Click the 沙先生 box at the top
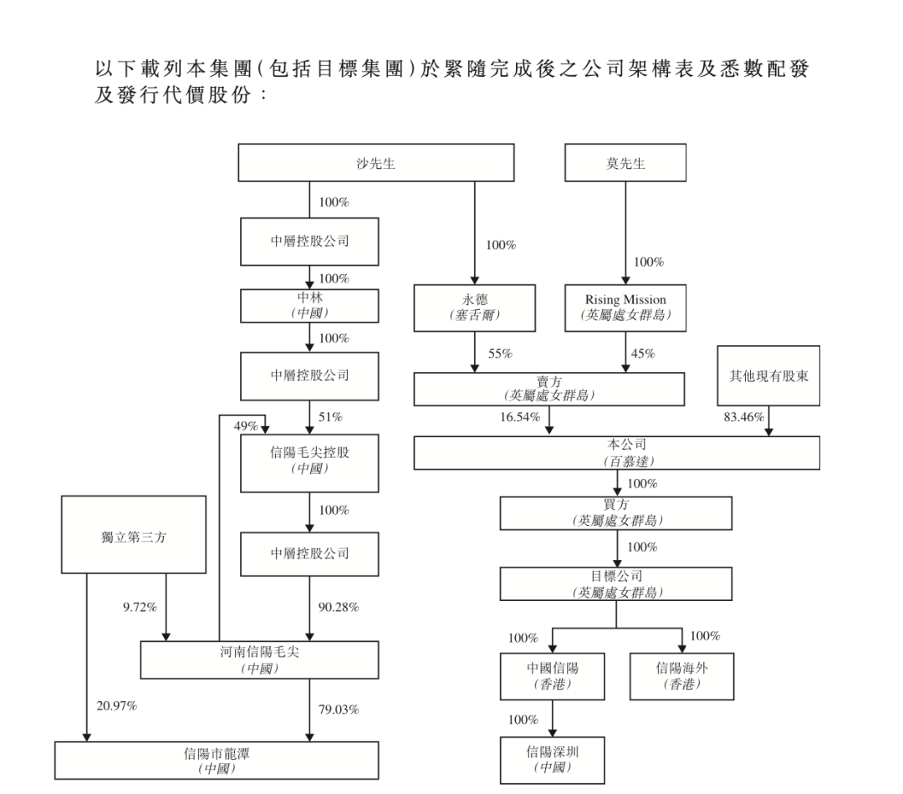(376, 163)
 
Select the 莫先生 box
(625, 163)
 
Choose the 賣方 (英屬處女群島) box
(548, 389)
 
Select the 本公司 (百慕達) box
(617, 452)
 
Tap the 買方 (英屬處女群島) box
(617, 512)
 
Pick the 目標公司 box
(617, 583)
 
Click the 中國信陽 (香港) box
(553, 675)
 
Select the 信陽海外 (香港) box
(681, 675)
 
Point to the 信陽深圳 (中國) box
(553, 759)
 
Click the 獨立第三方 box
(134, 535)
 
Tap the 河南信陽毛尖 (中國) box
(259, 660)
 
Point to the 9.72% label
(140, 608)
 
